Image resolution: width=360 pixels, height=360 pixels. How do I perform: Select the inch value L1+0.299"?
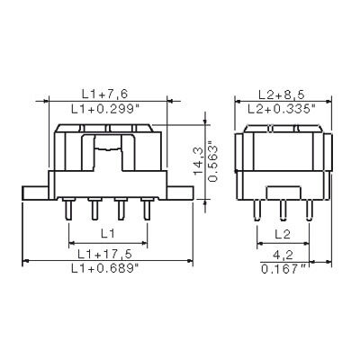click(107, 107)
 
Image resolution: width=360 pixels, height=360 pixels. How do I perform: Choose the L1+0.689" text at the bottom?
click(107, 268)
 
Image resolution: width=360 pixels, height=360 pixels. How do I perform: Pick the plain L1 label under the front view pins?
click(107, 232)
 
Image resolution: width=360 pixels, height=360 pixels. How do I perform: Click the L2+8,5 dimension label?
click(280, 93)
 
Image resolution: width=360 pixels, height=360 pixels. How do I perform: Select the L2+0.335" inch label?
click(280, 107)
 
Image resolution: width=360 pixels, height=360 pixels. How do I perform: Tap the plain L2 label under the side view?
click(280, 232)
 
